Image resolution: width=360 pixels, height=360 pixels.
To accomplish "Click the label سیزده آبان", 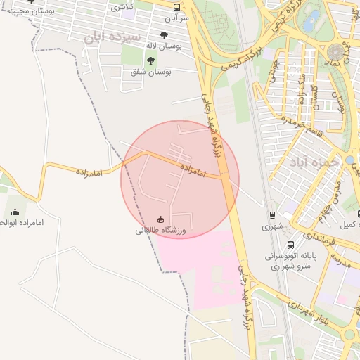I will point(112,36).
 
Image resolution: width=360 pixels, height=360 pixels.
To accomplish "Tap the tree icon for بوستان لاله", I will point(164,34).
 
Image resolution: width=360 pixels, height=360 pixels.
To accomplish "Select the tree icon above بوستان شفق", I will point(150,60).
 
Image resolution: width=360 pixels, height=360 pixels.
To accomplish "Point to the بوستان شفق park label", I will point(152,72).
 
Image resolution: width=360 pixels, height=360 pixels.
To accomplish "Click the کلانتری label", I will point(123,6).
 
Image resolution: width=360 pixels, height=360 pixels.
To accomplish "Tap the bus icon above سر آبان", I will point(176,7).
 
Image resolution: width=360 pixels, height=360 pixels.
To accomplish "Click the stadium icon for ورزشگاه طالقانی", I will point(161,219).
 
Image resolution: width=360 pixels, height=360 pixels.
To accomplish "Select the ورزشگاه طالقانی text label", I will point(161,230).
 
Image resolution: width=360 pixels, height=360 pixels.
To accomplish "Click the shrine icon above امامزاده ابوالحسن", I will point(15,212).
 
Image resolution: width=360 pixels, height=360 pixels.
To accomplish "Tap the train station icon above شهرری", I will point(271,215).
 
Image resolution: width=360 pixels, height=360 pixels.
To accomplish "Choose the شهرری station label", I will point(271,226).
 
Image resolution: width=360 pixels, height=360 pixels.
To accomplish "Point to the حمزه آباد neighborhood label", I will point(314,162).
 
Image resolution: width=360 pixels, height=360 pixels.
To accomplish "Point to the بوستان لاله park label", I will point(163,45).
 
